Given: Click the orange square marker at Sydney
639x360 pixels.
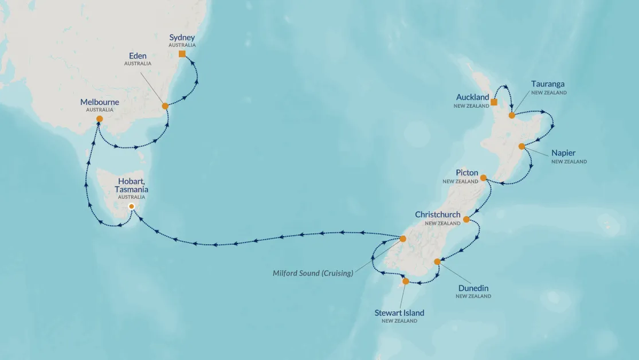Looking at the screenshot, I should click(x=182, y=54).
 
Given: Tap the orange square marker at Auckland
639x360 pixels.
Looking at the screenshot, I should click(x=494, y=102).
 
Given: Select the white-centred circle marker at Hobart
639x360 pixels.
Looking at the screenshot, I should click(x=131, y=206).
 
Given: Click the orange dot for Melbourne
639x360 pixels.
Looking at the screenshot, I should click(x=100, y=119).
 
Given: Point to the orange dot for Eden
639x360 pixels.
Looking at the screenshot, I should click(x=165, y=106).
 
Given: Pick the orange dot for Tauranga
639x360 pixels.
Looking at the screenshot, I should click(x=512, y=115).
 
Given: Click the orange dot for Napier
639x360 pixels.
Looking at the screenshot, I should click(x=522, y=146).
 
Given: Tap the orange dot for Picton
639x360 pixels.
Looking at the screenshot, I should click(x=483, y=178).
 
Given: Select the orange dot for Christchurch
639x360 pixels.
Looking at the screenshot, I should click(x=466, y=219).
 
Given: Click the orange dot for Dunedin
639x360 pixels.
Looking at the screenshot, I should click(x=437, y=261).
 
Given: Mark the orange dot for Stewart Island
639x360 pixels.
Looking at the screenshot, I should click(x=406, y=281).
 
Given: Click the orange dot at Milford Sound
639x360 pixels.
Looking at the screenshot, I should click(x=402, y=238).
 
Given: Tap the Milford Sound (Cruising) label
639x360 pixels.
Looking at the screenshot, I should click(x=313, y=273).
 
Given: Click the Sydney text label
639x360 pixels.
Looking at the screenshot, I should click(x=182, y=38).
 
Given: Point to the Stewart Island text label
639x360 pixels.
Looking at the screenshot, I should click(x=399, y=312).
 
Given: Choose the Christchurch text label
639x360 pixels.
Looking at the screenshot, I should click(x=438, y=214).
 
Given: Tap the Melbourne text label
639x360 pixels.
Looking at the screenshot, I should click(x=100, y=102).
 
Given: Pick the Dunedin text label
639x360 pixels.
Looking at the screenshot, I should click(x=473, y=288).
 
